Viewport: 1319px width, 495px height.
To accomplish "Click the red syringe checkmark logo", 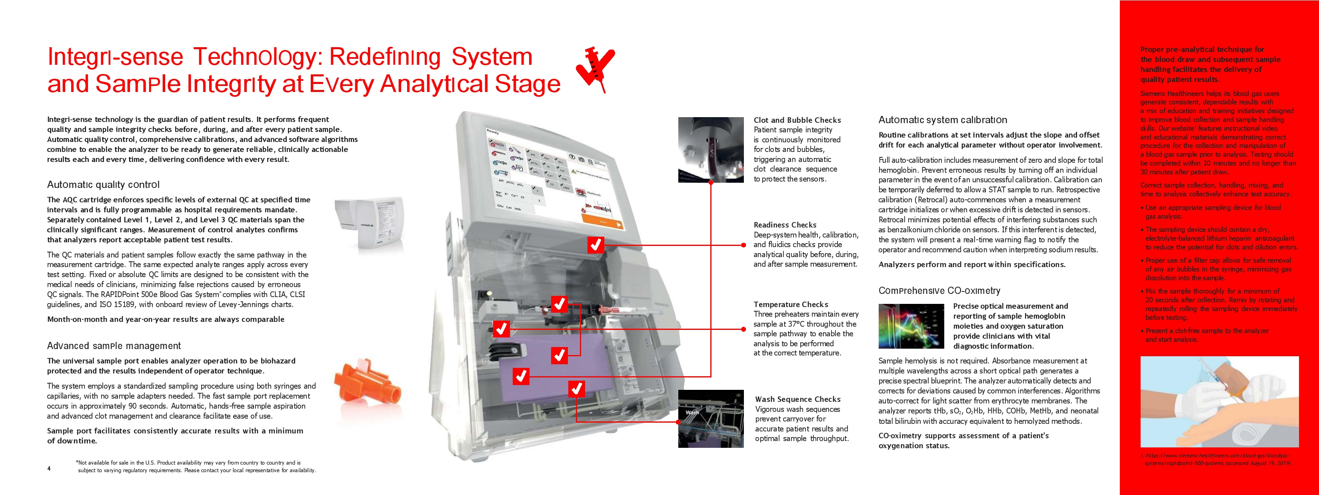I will point(596,69).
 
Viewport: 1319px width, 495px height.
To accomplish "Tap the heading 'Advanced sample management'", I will point(114,346).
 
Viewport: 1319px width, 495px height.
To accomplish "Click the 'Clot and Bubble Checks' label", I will point(797,120).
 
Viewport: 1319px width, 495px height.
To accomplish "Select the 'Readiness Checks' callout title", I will point(784,225).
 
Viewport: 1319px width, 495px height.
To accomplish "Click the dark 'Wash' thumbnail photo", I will point(711,419).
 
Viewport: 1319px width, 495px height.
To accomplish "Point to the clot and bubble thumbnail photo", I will point(711,150).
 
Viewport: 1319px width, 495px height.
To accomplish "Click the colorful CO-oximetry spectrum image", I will point(911,326).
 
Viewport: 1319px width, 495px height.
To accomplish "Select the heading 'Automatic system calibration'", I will point(942,120).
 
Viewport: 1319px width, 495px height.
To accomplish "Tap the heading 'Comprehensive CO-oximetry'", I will point(939,291).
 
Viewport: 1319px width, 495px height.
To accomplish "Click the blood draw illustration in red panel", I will point(1219,401).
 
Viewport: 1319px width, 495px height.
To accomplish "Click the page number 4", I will point(49,468).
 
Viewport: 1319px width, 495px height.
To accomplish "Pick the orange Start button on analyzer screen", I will point(603,222).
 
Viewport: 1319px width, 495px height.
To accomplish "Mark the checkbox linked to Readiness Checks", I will point(596,245).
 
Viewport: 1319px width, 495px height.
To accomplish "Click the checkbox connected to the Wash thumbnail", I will point(577,389).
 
